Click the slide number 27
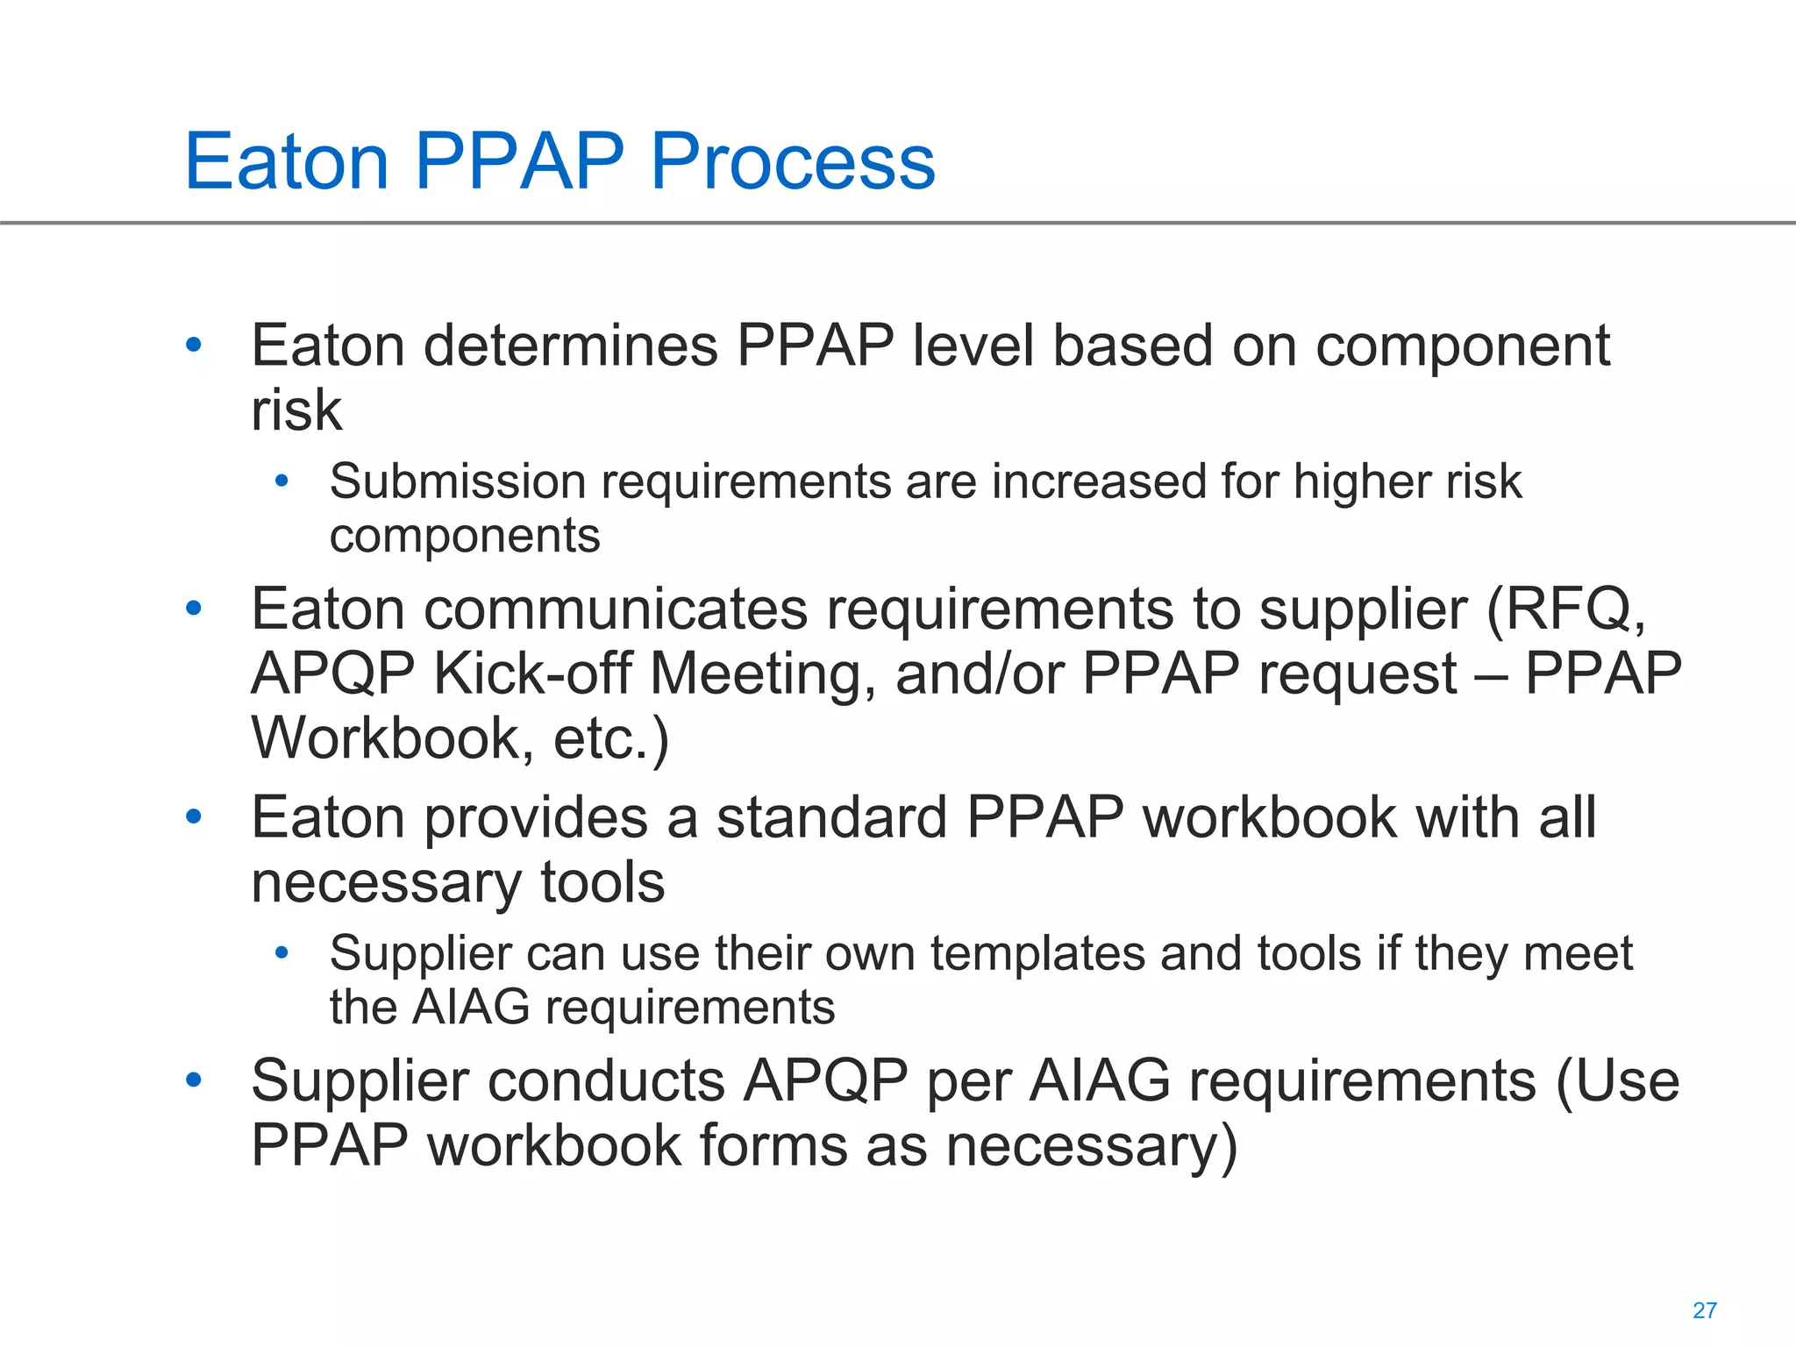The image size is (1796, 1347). (x=1704, y=1310)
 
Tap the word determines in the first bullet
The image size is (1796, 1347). (x=571, y=346)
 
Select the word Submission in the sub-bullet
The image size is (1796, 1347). (x=458, y=481)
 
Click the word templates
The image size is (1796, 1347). (x=1037, y=953)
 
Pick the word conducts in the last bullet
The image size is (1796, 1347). (x=606, y=1080)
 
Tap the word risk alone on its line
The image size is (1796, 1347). (x=296, y=410)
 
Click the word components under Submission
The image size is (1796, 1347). (x=465, y=536)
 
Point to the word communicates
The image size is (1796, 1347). (x=616, y=609)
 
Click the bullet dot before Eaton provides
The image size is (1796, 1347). (x=194, y=816)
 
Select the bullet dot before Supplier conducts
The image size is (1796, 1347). (x=194, y=1080)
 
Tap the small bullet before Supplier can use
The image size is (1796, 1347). (x=282, y=952)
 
